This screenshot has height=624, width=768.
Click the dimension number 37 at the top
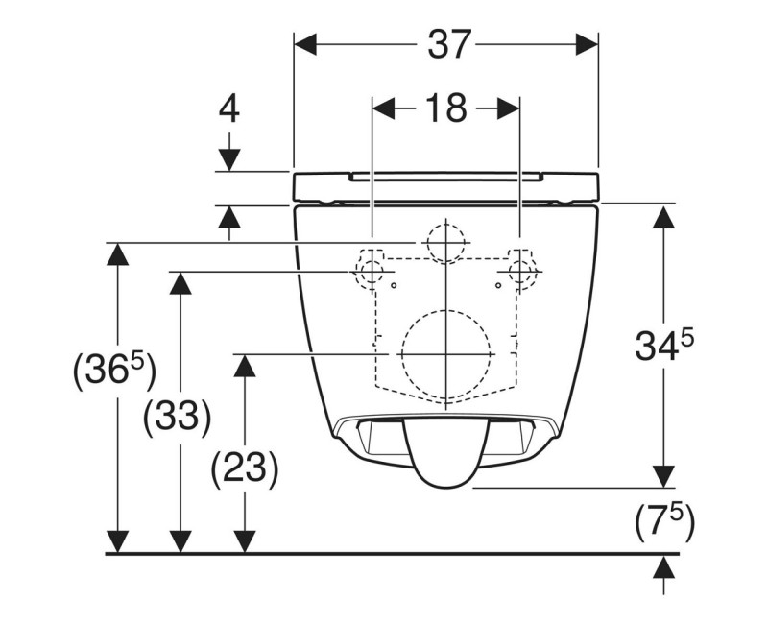tap(446, 44)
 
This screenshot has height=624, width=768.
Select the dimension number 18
tap(446, 108)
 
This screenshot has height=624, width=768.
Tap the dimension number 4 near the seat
tap(228, 108)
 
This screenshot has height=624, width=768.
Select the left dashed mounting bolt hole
tap(370, 272)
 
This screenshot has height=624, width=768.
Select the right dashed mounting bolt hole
tap(522, 272)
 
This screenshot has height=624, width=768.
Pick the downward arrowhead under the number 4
tap(228, 159)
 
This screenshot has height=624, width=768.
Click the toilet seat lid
tap(446, 185)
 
